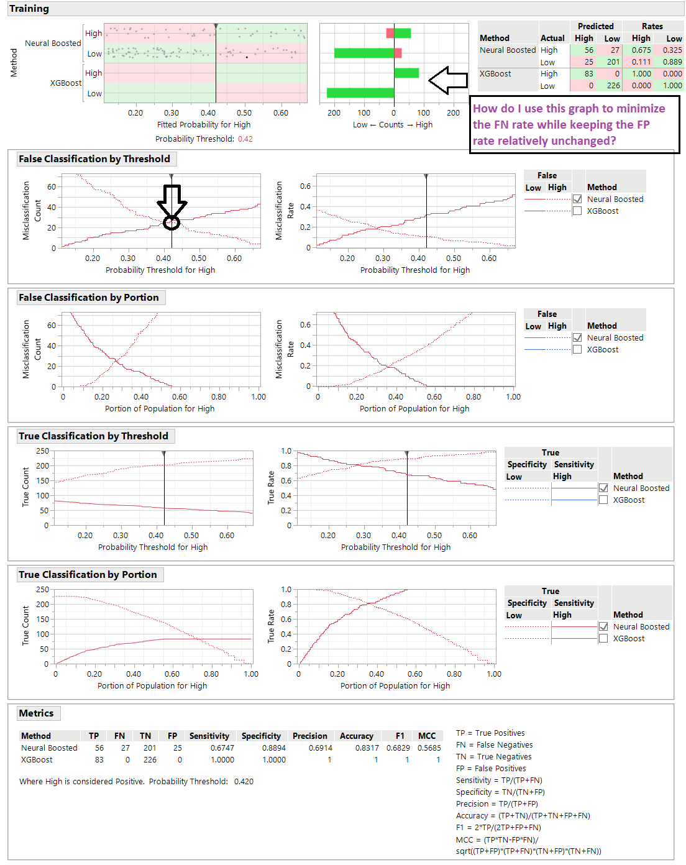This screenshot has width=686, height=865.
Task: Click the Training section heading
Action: pos(29,9)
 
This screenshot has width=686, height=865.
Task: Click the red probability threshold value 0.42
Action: pos(245,139)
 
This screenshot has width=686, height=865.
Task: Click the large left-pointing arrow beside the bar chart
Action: pos(448,80)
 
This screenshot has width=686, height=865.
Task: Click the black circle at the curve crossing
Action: pos(171,222)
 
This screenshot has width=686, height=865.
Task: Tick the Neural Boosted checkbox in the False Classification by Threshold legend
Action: pos(577,199)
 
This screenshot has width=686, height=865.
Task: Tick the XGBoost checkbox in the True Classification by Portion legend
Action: pos(603,639)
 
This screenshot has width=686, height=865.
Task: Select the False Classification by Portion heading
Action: pos(89,298)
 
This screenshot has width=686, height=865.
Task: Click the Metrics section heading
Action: pos(36,713)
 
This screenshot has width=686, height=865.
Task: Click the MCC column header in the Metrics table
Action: pos(427,736)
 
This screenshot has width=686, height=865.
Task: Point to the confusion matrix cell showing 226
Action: pos(613,86)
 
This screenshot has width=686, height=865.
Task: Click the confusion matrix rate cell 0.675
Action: pos(641,50)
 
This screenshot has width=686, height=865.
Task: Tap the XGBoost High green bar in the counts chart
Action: pos(406,73)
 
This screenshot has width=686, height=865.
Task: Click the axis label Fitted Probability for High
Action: pos(204,125)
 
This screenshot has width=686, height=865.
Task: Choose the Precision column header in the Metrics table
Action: pos(309,736)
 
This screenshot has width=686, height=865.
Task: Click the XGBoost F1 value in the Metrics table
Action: pos(407,760)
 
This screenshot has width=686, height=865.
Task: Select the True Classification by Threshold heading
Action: pos(93,436)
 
